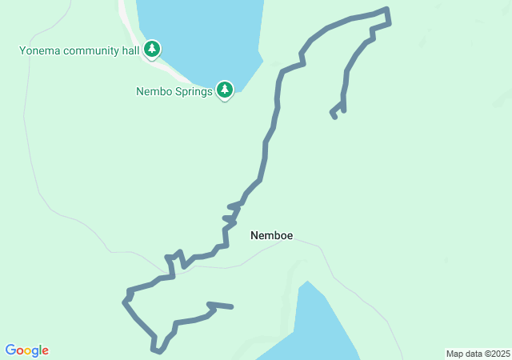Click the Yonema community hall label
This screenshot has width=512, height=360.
click(80, 51)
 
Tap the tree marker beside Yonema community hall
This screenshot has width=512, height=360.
click(152, 49)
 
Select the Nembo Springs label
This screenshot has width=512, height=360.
click(174, 91)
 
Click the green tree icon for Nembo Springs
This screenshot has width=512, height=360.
click(225, 89)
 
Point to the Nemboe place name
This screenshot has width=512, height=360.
click(271, 235)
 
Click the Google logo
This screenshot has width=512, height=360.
click(27, 350)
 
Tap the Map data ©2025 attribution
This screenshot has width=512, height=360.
click(477, 354)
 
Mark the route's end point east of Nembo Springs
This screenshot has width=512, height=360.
click(334, 117)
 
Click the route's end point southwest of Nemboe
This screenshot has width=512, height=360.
click(232, 306)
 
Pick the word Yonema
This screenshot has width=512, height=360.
click(38, 51)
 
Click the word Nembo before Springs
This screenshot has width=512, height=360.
click(154, 91)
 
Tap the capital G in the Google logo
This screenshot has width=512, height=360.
click(11, 350)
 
